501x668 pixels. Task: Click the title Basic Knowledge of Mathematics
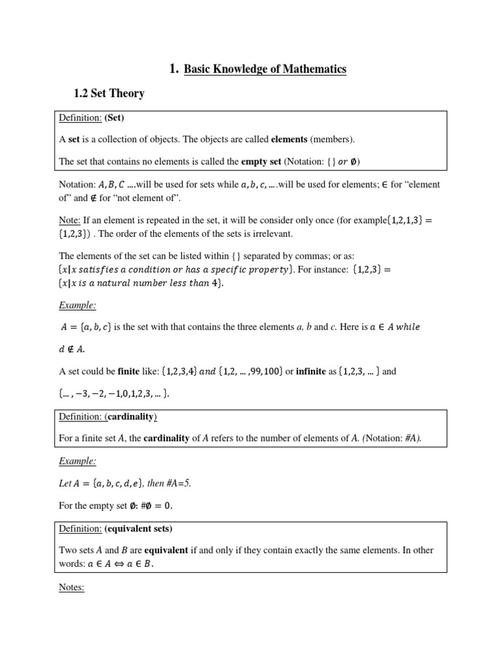[x=265, y=69]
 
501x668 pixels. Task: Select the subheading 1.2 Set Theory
[x=109, y=93]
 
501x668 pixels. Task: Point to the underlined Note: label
[x=70, y=220]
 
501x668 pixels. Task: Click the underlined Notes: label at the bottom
[x=72, y=587]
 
